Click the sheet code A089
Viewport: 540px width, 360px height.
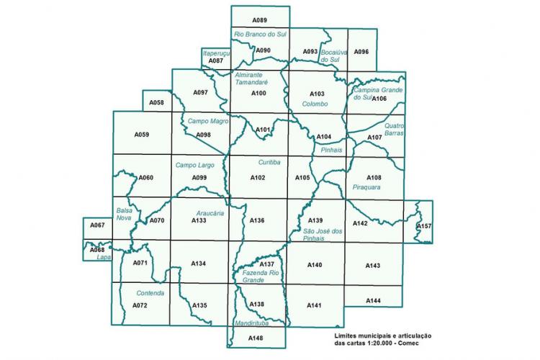point(260,19)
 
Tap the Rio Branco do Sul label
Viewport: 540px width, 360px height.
point(260,35)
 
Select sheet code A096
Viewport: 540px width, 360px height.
point(361,52)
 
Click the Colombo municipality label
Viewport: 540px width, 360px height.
point(315,104)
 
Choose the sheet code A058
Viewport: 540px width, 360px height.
point(156,103)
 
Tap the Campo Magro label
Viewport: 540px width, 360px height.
point(203,122)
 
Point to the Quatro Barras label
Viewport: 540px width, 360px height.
point(395,129)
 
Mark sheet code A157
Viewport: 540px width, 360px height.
point(425,226)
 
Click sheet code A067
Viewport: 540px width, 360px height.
point(97,226)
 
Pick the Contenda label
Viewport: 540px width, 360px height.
point(150,294)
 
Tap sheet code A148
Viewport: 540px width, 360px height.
point(256,338)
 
